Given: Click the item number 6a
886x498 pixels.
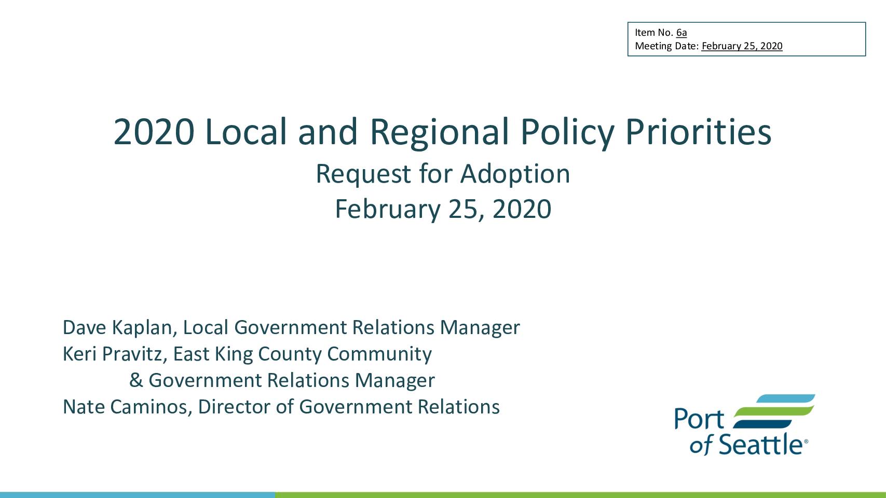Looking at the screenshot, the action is [x=681, y=32].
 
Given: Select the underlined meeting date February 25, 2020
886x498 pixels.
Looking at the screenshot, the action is [x=742, y=46].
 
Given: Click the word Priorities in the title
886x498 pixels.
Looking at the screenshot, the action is [x=698, y=132].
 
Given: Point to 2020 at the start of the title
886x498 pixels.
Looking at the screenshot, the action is [x=154, y=132].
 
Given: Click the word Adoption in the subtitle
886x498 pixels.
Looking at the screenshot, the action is [x=515, y=174].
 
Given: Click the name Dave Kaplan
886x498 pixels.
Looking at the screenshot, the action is [x=117, y=328].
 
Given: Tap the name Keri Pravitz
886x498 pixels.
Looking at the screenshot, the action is [x=112, y=354].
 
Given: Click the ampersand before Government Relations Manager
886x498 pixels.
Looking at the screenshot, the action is [x=136, y=380].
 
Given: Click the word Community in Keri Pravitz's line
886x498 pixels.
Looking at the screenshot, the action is [x=379, y=354].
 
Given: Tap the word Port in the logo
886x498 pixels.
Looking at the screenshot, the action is [x=699, y=419].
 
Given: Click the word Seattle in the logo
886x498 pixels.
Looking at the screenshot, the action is [x=760, y=445].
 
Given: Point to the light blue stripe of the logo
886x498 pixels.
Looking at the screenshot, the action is [x=785, y=399].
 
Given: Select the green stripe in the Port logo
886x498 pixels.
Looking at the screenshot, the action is [x=774, y=411].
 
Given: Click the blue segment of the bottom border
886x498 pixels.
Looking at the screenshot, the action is [x=137, y=495].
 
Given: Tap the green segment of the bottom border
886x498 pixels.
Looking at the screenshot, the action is [x=580, y=495].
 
